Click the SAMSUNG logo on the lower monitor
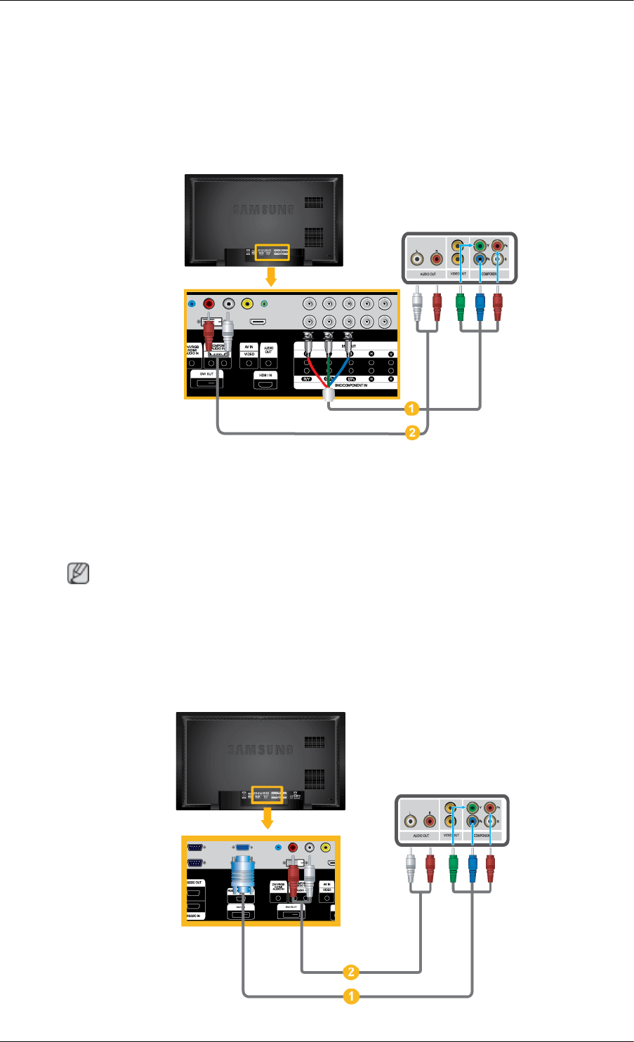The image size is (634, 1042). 260,749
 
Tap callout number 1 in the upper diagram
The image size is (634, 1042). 413,408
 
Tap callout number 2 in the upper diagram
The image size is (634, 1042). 413,433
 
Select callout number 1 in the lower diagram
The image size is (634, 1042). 350,996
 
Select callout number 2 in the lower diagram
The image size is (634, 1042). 350,972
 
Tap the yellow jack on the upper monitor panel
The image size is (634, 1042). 247,303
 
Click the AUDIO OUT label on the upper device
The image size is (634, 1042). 428,274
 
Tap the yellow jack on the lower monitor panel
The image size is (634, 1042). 326,847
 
